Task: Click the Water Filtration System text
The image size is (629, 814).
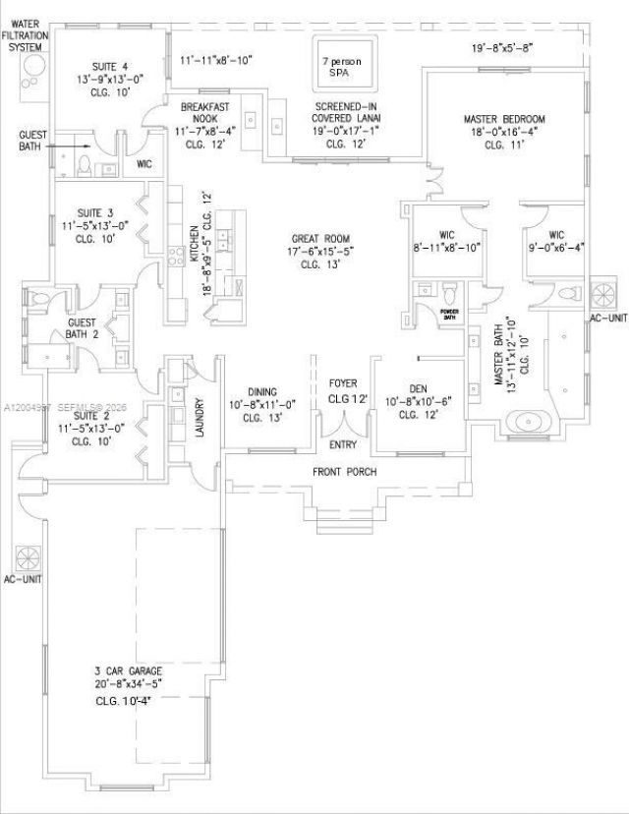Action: coord(26,33)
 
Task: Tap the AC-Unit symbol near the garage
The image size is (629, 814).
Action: coord(27,556)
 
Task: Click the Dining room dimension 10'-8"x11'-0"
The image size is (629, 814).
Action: coord(256,404)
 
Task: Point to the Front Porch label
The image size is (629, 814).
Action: coord(344,472)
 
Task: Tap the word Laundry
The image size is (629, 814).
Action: coord(200,417)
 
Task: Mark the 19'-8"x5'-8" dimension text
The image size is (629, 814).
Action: coord(501,46)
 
